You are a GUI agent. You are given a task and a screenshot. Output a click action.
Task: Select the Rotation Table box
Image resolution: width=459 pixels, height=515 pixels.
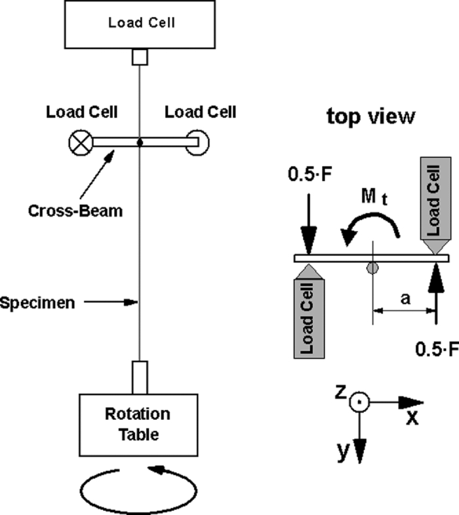tap(138, 424)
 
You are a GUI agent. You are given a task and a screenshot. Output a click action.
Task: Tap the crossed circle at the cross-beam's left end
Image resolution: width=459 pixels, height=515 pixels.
tap(80, 142)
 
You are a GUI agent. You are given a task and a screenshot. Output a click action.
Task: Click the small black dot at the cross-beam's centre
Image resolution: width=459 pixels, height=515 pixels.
tap(140, 142)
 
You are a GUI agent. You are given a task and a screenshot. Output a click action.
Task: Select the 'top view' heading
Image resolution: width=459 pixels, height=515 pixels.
tap(370, 117)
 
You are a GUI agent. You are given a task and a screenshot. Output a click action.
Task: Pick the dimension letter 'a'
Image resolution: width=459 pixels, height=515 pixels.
tap(405, 299)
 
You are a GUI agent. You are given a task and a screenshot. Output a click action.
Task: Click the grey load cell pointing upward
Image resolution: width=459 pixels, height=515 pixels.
tap(308, 312)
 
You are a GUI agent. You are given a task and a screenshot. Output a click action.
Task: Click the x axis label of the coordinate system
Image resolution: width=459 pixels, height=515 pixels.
tap(412, 417)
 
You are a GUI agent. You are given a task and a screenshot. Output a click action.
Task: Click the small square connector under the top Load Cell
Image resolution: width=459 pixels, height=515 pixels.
tap(140, 58)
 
